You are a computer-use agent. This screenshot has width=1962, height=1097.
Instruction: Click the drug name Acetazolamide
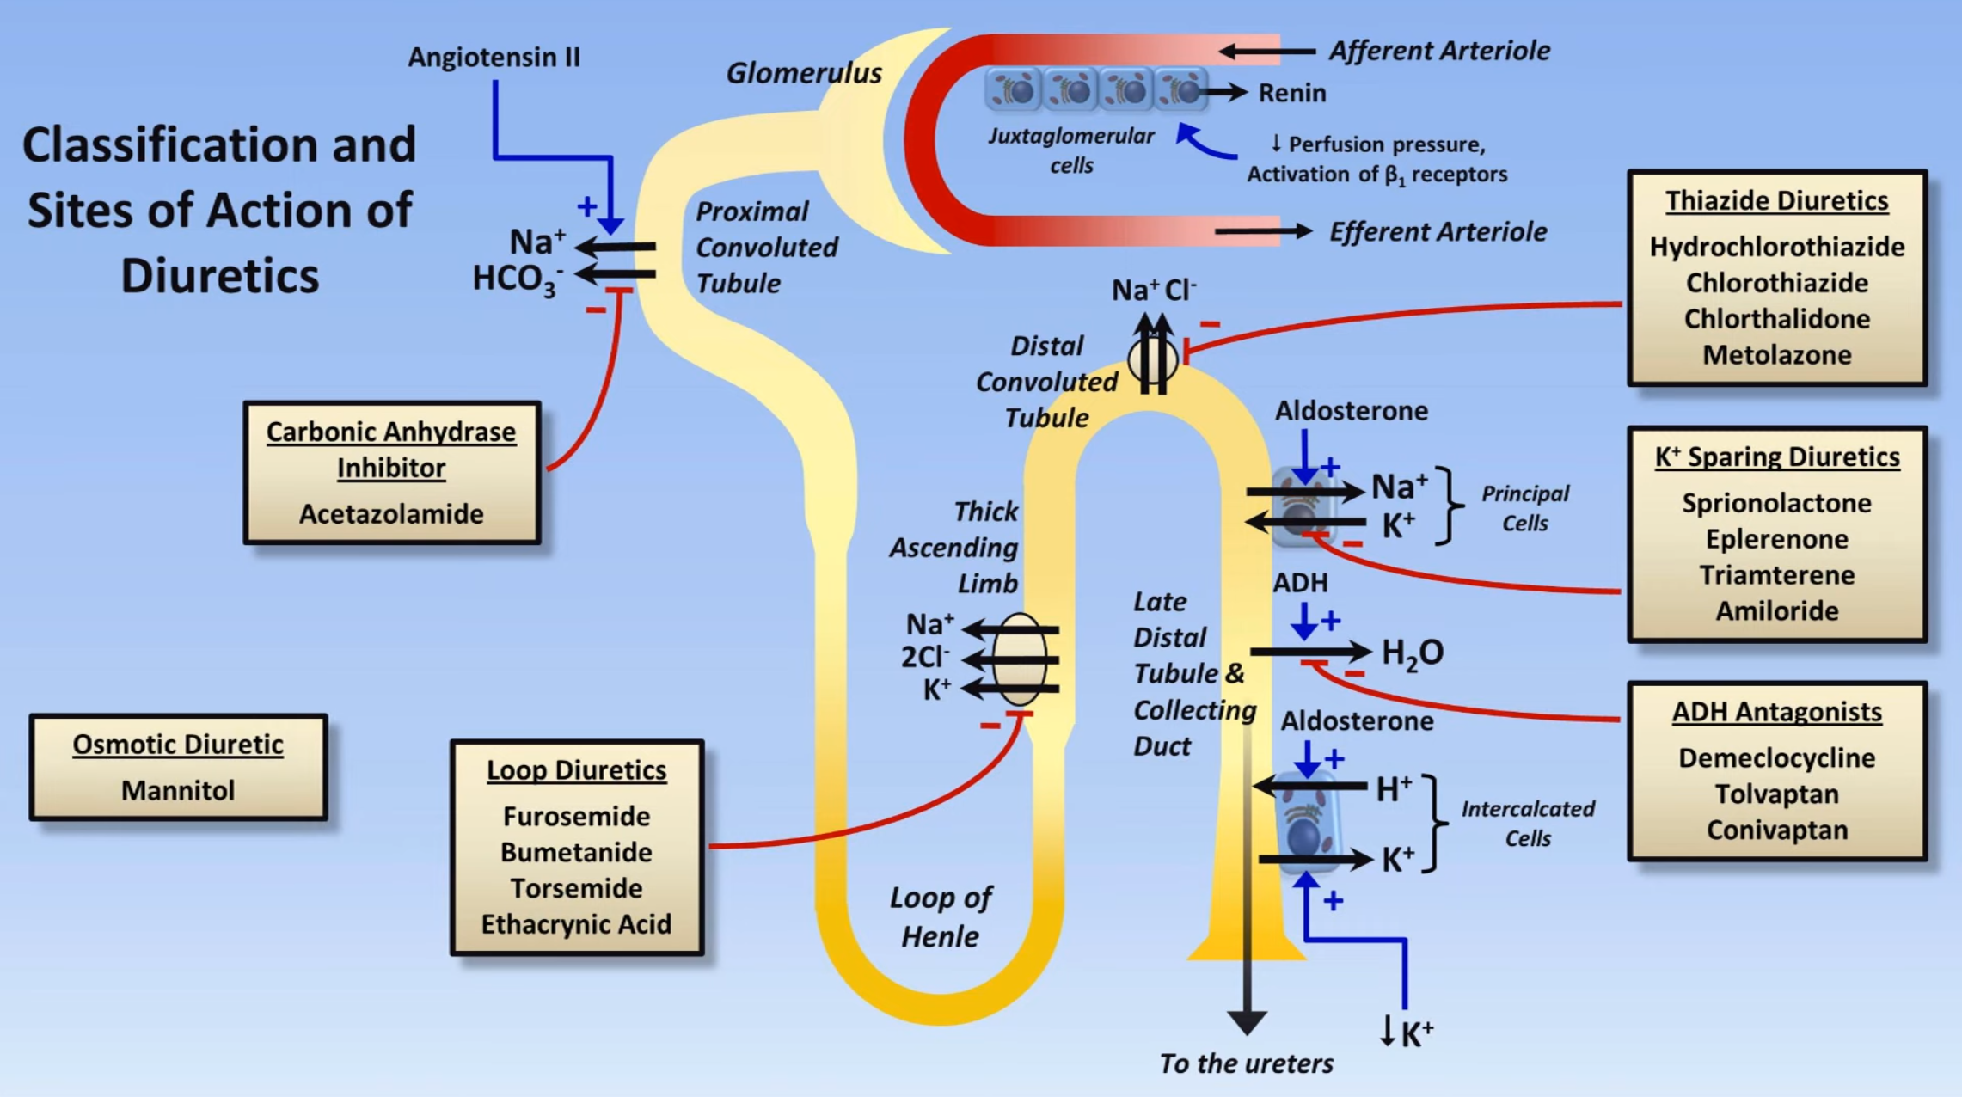coord(391,514)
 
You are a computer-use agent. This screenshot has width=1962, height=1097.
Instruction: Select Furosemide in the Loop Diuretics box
coord(576,816)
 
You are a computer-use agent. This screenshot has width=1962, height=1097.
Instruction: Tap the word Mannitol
coord(178,790)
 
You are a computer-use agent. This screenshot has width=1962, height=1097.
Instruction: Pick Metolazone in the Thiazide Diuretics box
coord(1776,355)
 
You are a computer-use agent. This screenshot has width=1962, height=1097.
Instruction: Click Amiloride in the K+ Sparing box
coord(1776,611)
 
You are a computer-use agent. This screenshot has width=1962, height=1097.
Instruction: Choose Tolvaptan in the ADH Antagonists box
coord(1776,794)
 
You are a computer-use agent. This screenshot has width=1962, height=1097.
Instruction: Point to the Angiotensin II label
coord(494,58)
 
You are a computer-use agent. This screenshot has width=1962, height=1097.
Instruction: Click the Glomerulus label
coord(804,73)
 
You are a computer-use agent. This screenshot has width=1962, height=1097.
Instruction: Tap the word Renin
coord(1291,93)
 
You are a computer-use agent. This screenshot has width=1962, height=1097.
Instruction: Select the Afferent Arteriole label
coord(1439,51)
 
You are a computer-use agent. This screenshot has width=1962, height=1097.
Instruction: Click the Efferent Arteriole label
coord(1438,232)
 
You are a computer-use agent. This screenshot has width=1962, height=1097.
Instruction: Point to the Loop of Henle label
coord(940,916)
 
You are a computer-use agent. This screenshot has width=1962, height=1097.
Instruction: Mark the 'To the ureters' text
coord(1246,1064)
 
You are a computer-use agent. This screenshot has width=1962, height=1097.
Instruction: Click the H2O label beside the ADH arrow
coord(1412,653)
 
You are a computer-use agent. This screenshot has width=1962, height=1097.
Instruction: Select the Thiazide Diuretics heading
coord(1776,200)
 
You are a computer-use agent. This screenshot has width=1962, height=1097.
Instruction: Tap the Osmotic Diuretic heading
coord(178,745)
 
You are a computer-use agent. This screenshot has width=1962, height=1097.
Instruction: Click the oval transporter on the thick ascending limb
coord(1020,659)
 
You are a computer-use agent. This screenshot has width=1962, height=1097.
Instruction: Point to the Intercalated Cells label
coord(1528,823)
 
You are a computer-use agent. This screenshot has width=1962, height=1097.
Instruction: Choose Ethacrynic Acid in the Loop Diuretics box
coord(576,924)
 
